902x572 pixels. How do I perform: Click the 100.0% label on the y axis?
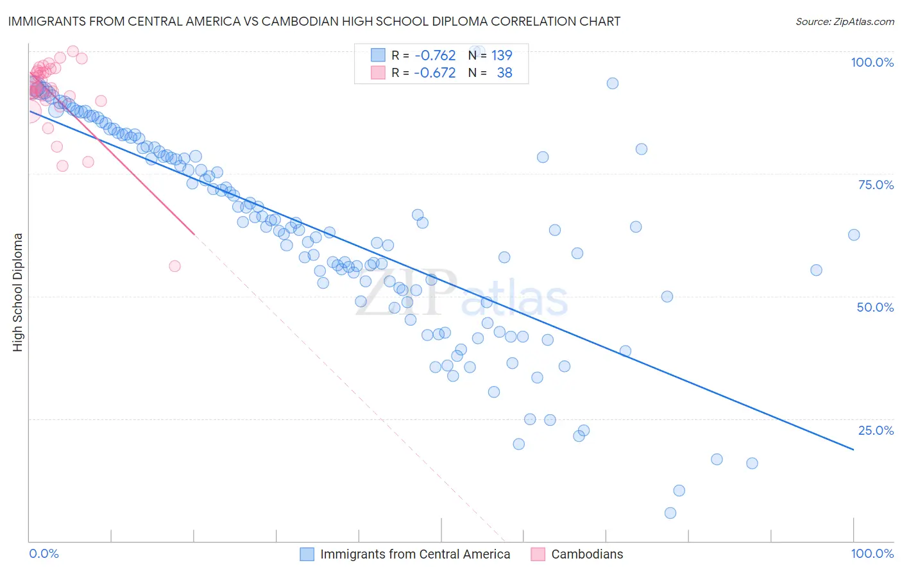point(872,62)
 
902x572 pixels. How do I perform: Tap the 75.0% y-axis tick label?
point(876,185)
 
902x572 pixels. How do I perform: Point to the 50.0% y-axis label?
point(875,307)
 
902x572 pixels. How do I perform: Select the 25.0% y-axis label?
point(876,430)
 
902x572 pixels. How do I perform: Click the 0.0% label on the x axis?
point(44,553)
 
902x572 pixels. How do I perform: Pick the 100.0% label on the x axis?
point(872,553)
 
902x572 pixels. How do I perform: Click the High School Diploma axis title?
point(18,292)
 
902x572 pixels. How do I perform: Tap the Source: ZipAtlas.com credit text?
point(844,22)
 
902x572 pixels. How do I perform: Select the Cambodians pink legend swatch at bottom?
point(538,554)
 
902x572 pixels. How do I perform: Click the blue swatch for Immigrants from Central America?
point(307,554)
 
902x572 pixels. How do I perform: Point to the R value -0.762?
point(435,56)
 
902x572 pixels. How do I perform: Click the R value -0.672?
point(435,73)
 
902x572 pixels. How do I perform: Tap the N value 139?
point(502,56)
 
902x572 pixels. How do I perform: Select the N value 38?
point(504,73)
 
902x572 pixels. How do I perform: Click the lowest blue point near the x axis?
point(670,513)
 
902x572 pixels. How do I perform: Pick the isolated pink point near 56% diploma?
point(174,266)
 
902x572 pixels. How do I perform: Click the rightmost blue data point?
point(854,235)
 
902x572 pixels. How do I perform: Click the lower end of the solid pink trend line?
point(194,235)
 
